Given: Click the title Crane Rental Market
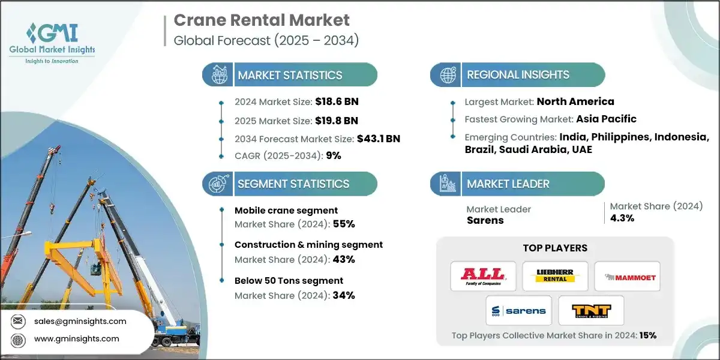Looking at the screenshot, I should coord(261,20).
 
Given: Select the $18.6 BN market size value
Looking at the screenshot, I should coord(338,101).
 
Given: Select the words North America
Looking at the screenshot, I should coord(575,101).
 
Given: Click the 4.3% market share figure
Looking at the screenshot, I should coord(622,218).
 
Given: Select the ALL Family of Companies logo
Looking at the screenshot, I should coord(483,276).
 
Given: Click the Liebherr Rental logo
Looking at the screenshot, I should coord(555,276).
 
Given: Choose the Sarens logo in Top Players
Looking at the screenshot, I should coord(519,310).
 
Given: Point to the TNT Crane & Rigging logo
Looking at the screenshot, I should coord(590,310).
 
